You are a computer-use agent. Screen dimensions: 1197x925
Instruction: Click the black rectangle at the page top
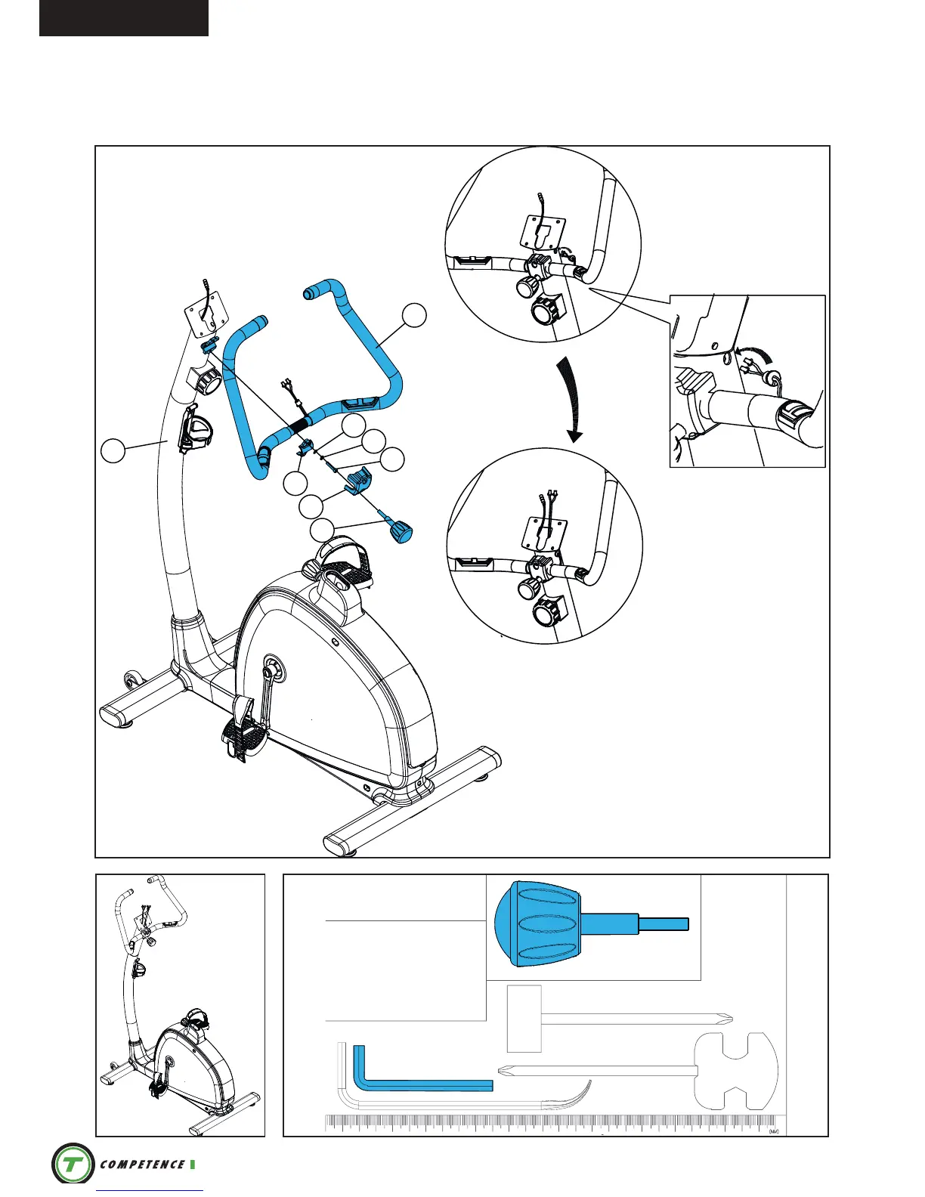click(124, 17)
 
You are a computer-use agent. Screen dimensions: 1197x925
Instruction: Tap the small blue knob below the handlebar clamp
click(401, 530)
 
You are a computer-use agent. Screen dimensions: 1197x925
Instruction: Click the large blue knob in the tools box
click(538, 923)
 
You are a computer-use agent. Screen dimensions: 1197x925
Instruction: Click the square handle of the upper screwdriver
click(524, 1019)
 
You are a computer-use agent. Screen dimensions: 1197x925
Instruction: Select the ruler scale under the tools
click(552, 1124)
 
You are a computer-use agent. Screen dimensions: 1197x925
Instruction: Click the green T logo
click(73, 1164)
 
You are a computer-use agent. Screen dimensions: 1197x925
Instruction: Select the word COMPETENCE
click(142, 1165)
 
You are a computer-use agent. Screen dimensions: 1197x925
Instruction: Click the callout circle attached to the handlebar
click(414, 315)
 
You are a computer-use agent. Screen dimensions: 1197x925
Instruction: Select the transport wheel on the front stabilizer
click(133, 679)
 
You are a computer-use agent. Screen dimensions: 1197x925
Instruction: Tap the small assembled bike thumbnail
click(180, 1005)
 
